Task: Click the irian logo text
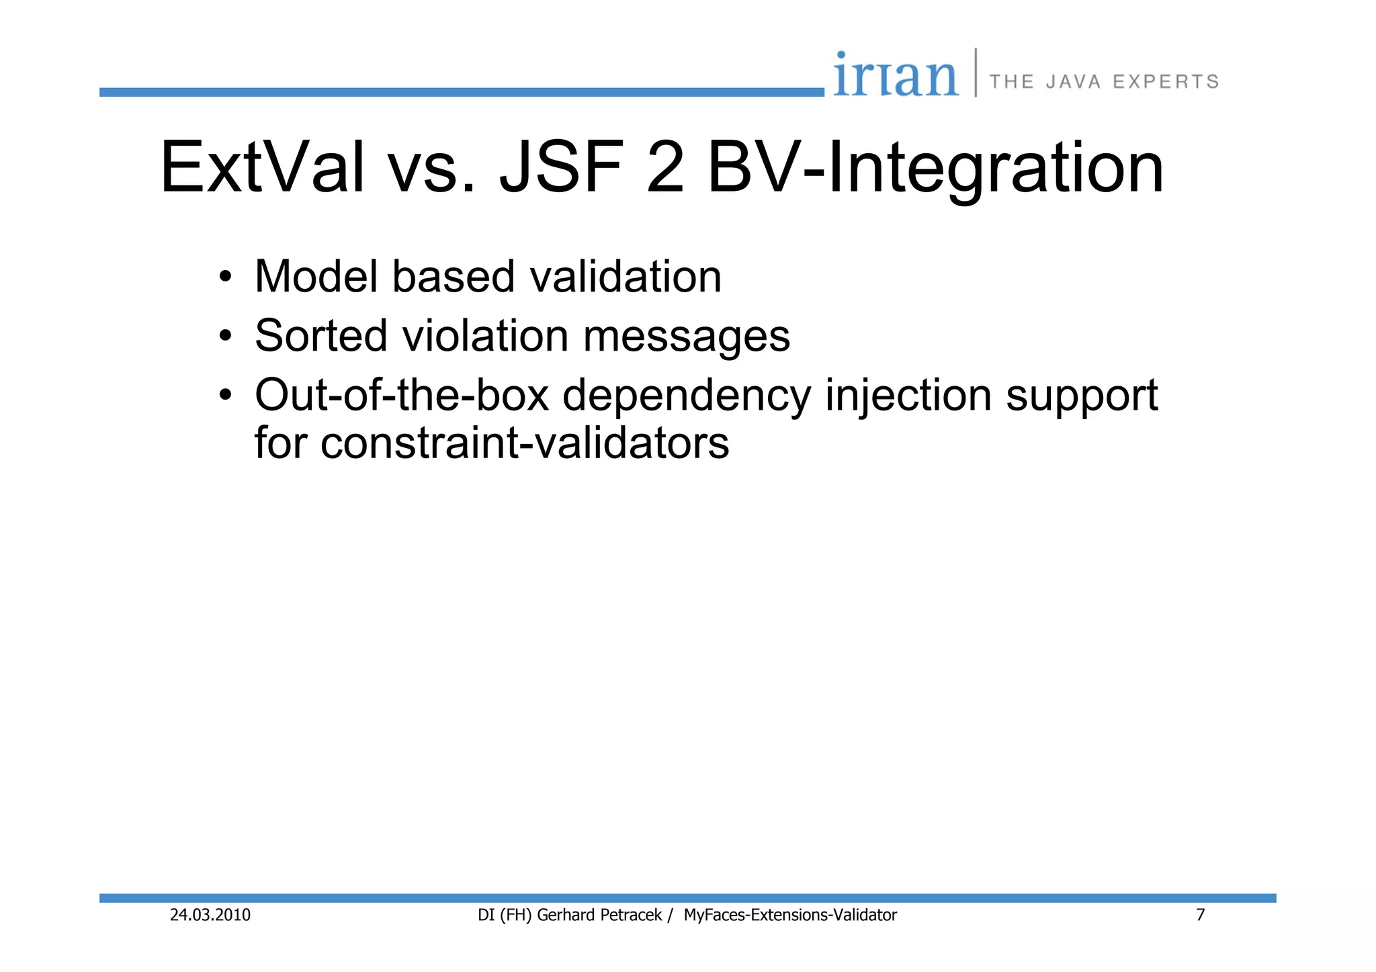pyautogui.click(x=896, y=75)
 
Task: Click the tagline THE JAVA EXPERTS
pyautogui.click(x=1104, y=82)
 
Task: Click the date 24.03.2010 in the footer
pyautogui.click(x=210, y=915)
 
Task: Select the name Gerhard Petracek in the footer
pyautogui.click(x=599, y=915)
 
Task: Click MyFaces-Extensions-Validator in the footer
pyautogui.click(x=790, y=915)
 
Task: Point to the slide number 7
pyautogui.click(x=1200, y=915)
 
